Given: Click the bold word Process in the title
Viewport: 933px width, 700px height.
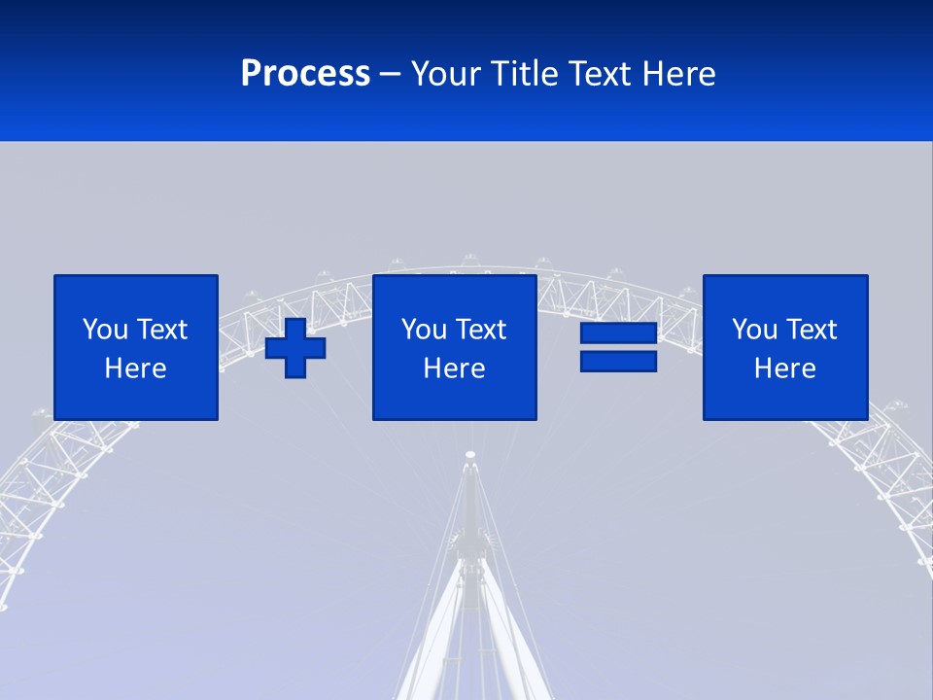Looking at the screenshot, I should click(305, 74).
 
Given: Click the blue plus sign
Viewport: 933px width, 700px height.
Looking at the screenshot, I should click(295, 347).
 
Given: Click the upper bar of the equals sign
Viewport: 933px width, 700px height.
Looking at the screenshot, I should click(618, 332).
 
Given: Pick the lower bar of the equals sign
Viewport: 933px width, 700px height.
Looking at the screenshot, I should click(618, 361).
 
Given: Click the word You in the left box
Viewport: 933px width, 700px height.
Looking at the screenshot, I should click(105, 330).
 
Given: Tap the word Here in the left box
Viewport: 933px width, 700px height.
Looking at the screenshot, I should click(136, 368).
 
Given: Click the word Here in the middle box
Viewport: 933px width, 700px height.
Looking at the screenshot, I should click(454, 368).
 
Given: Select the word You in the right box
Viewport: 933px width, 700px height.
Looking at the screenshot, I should click(754, 330).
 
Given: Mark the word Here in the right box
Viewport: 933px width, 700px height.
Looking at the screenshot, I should click(785, 368).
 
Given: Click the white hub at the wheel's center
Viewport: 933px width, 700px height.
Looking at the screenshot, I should click(470, 454).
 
